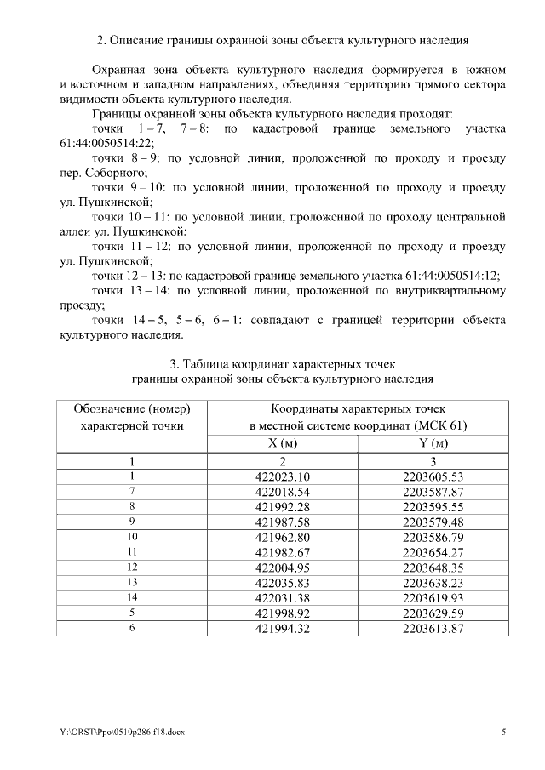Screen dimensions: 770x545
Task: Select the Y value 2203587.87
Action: coord(433,491)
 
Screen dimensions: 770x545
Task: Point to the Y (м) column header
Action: coord(433,443)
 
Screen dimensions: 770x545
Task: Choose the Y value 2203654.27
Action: coord(433,552)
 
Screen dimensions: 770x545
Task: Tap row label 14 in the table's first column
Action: coord(132,598)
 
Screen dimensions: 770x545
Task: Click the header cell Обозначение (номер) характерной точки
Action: coord(132,417)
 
